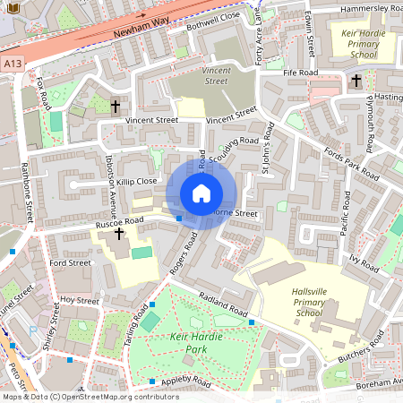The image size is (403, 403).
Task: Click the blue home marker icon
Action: [201, 193]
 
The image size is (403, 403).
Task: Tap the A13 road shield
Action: [12, 64]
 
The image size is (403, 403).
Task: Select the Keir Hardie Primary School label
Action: [346, 46]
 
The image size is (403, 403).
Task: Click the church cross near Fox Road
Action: [115, 107]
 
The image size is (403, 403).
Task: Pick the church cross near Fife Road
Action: [356, 81]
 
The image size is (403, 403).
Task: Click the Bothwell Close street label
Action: [213, 21]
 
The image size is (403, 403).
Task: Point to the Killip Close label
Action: [135, 181]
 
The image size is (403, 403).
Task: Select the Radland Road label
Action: [223, 308]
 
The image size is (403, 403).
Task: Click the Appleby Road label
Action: [185, 382]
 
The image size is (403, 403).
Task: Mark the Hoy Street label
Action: [79, 301]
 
